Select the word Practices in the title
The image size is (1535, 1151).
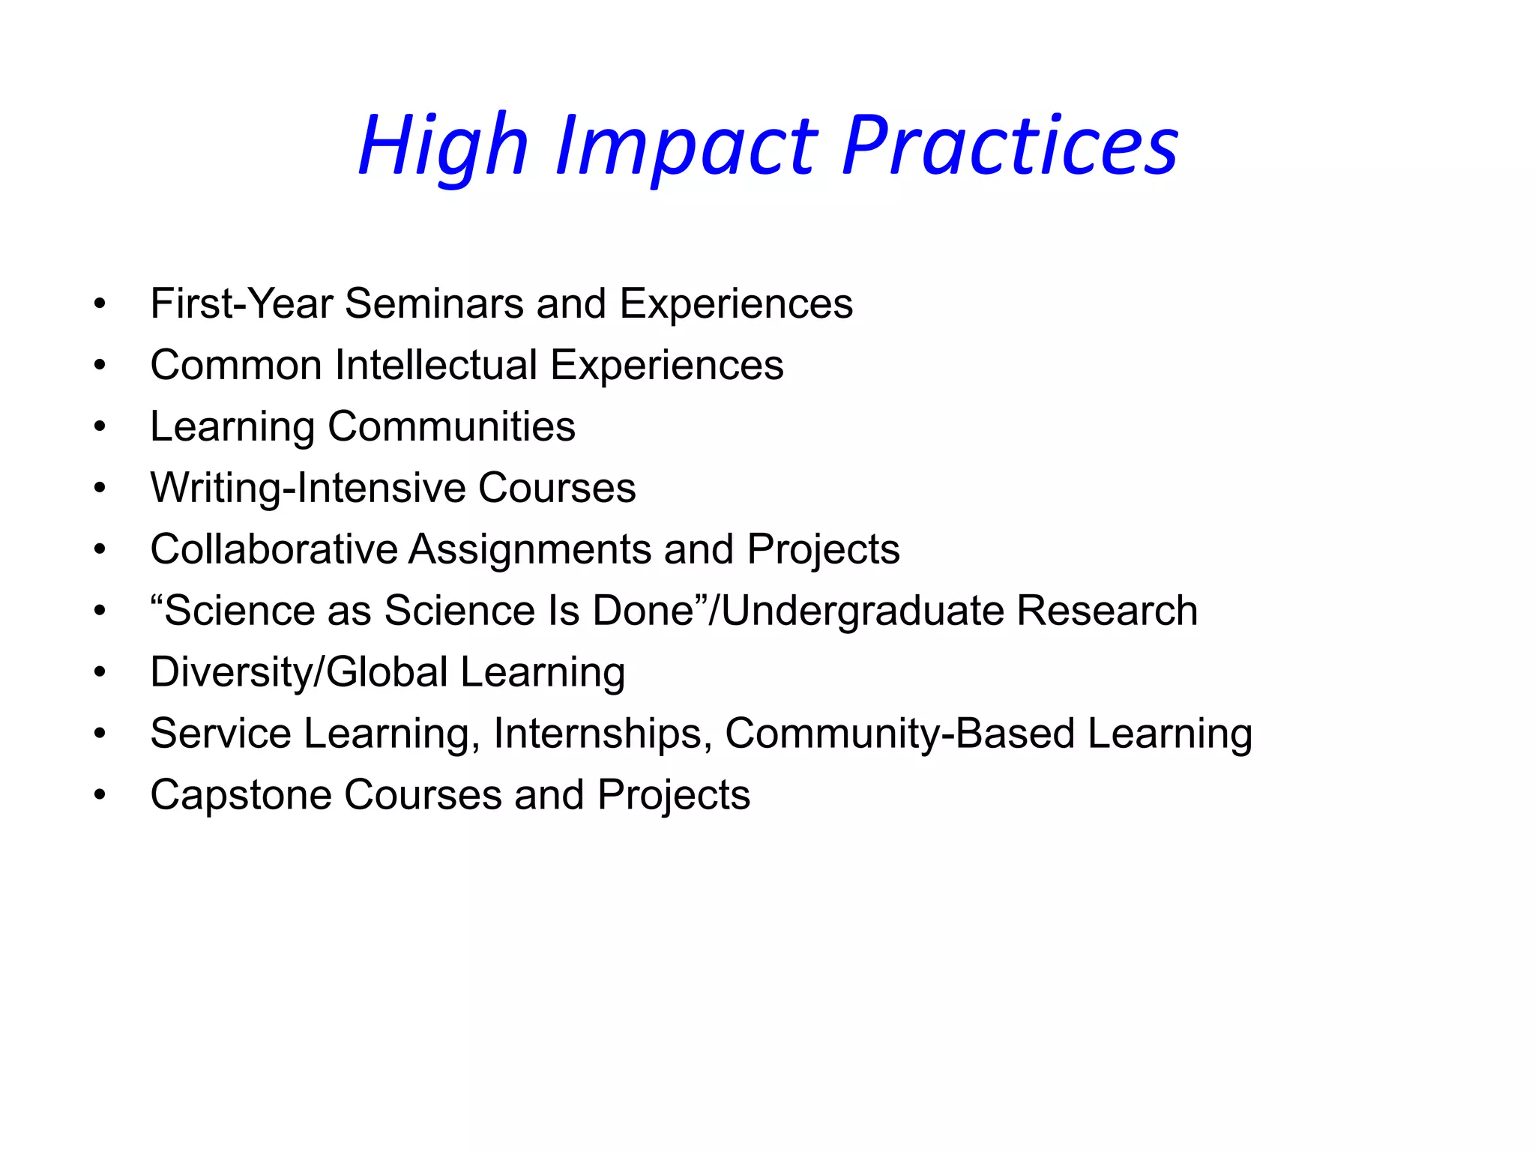(1010, 145)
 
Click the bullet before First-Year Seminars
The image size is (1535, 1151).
(100, 304)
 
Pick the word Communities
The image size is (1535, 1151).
(451, 427)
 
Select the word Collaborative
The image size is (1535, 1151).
(274, 550)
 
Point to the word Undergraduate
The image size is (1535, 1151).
(862, 611)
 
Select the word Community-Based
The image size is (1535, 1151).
(900, 734)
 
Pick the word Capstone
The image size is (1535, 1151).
(241, 796)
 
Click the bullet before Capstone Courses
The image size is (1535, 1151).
(100, 796)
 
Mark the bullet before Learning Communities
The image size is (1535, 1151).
(100, 427)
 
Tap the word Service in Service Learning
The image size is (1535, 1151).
(220, 734)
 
